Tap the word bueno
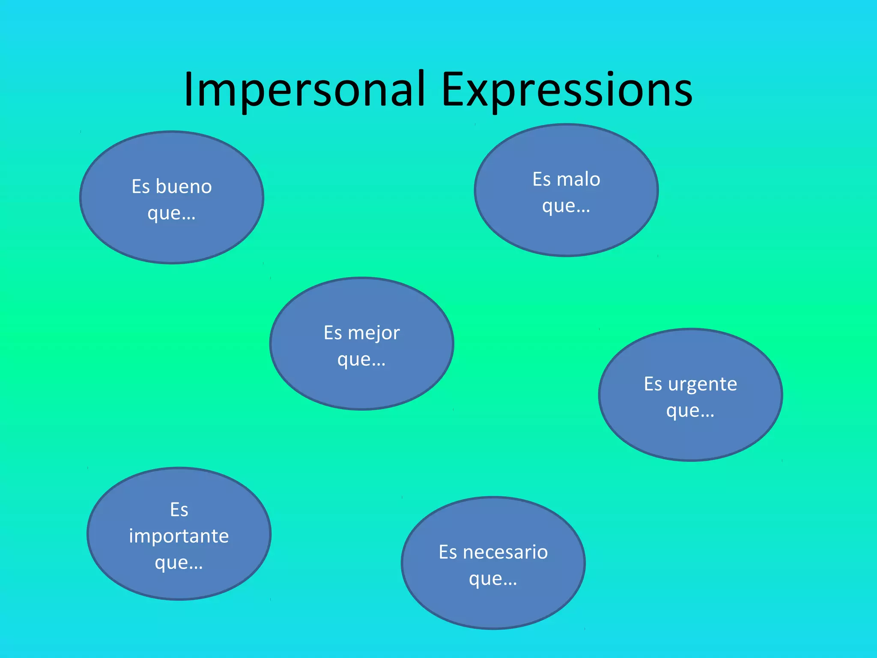coord(184,187)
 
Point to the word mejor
coord(374,333)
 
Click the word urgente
coord(702,384)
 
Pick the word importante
coord(179,536)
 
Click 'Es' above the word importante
coord(179,510)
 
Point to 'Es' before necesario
coord(448,552)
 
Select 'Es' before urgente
coord(653,384)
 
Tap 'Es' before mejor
coord(333,333)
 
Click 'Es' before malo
coord(541,179)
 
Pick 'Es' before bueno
coord(140,187)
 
